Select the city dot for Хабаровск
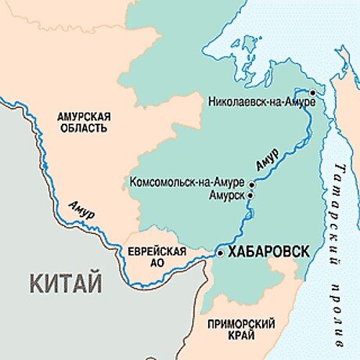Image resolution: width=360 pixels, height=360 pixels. click(x=220, y=253)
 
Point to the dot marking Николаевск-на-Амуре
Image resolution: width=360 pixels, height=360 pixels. click(x=311, y=94)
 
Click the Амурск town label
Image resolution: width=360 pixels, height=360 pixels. click(x=225, y=194)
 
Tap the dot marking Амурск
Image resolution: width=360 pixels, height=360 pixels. click(x=251, y=194)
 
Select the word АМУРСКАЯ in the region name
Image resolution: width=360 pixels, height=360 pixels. click(x=85, y=117)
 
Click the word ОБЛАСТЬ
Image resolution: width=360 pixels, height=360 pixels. click(x=85, y=128)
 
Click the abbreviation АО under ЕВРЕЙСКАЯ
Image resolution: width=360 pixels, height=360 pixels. click(x=157, y=262)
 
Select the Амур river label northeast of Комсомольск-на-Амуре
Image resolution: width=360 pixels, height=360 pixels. click(x=267, y=157)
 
